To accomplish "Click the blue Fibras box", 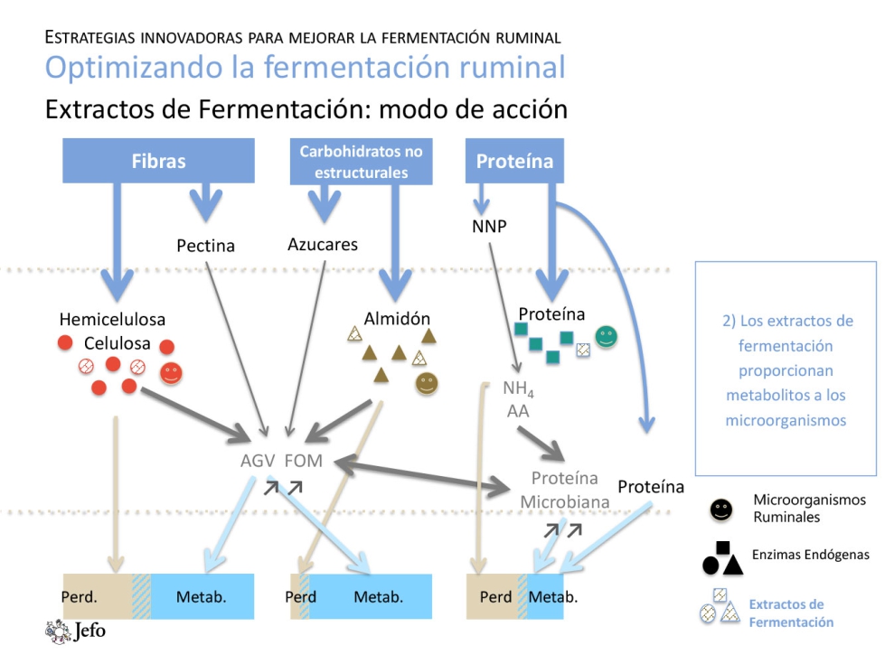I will tap(158, 161).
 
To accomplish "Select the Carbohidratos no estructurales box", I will tap(361, 161).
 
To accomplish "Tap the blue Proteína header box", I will tap(514, 161).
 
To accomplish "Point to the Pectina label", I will tap(205, 245).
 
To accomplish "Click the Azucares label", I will tap(323, 244).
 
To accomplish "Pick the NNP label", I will tap(489, 226).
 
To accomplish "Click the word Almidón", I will tap(397, 318).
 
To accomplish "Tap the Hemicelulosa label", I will tap(112, 319).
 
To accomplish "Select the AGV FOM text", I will tap(281, 461).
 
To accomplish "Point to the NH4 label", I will tap(519, 389).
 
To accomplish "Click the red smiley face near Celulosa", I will tap(170, 372).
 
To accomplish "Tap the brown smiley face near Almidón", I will tap(427, 384).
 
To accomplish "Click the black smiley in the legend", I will tap(720, 510).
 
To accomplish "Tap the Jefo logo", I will tap(76, 630).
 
